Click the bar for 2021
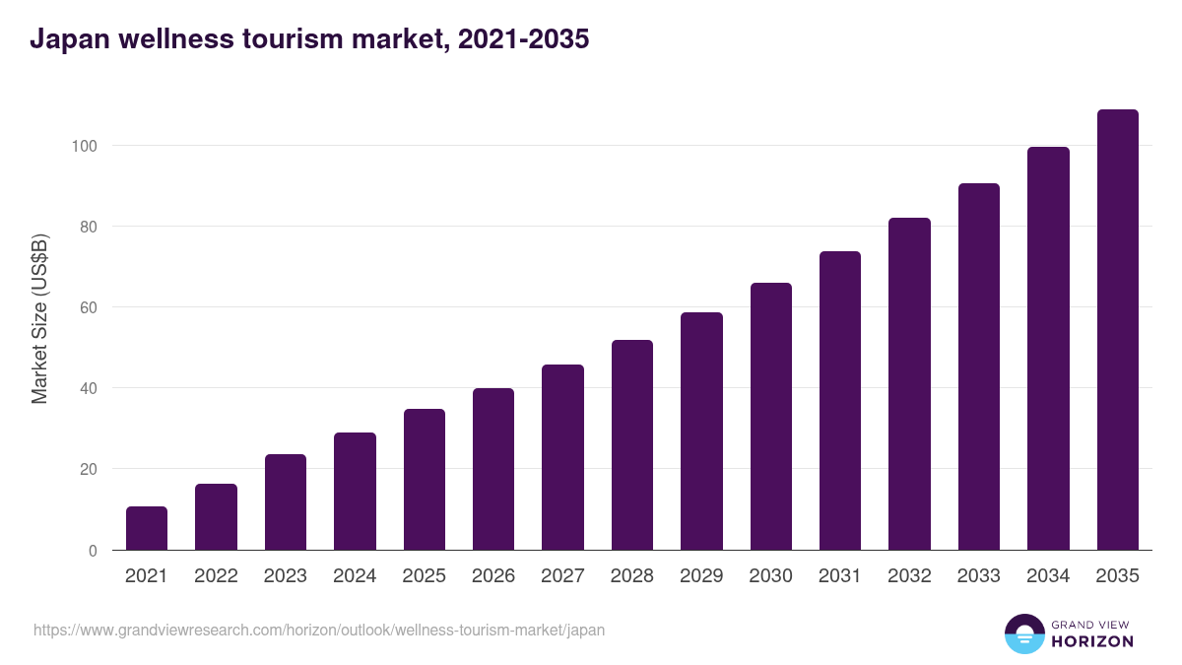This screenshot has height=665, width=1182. tap(147, 528)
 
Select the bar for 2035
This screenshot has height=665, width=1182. tap(1117, 330)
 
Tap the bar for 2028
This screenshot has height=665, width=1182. tap(632, 445)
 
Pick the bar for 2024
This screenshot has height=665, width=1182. tap(355, 492)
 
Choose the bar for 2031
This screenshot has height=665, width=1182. tap(840, 401)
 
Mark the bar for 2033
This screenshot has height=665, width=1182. tap(978, 366)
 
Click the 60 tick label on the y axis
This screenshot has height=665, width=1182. tap(88, 307)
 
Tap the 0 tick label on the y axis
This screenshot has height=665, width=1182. tap(93, 551)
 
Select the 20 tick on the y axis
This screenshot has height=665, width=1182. tap(88, 469)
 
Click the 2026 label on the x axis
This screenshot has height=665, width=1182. tap(493, 576)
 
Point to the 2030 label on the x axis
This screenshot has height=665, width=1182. tap(770, 576)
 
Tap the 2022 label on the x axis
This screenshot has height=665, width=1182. tap(216, 576)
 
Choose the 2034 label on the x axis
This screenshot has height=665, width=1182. tap(1048, 576)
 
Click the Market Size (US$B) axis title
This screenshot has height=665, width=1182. tap(39, 319)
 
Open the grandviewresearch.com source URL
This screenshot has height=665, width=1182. tap(319, 630)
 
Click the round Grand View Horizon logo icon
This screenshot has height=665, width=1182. tap(1023, 633)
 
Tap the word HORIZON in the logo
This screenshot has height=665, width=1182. tap(1092, 641)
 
